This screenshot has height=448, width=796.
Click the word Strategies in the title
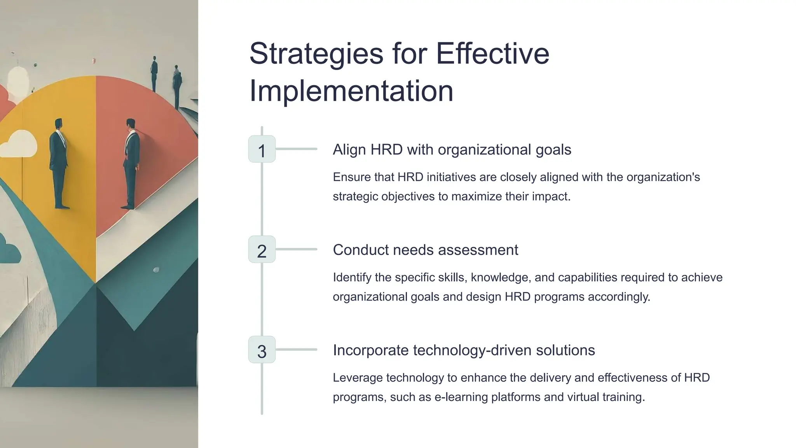[316, 54]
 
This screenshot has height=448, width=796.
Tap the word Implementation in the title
[351, 91]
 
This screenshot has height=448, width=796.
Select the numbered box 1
[262, 149]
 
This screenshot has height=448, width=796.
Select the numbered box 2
[262, 250]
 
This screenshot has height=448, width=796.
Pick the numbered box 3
[262, 350]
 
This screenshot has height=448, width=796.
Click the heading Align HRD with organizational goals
[452, 150]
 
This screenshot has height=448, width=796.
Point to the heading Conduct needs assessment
[425, 250]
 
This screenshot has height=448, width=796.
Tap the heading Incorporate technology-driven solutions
[464, 350]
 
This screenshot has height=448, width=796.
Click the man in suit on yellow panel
[59, 163]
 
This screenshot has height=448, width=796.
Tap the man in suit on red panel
[131, 163]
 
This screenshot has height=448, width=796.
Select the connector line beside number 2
[296, 249]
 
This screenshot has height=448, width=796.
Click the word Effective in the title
[492, 54]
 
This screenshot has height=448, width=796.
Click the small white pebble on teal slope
[156, 270]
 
